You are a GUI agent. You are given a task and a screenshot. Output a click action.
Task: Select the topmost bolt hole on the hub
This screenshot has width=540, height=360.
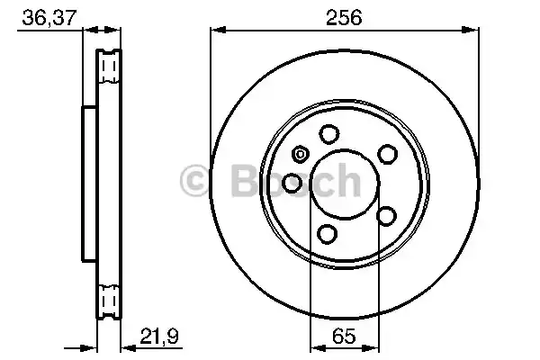(329, 135)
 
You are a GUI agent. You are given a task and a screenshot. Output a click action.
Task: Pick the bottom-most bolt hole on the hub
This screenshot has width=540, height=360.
(329, 235)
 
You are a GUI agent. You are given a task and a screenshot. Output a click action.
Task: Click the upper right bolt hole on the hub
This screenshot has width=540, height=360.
(387, 155)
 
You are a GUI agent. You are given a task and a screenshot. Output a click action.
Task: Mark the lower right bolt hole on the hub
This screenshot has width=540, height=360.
(387, 215)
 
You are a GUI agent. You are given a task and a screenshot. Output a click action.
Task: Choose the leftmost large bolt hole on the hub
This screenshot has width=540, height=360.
(292, 184)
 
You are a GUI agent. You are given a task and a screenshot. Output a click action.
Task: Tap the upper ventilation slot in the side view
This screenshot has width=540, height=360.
(110, 67)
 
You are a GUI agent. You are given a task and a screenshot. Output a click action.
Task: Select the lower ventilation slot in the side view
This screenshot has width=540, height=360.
(110, 298)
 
